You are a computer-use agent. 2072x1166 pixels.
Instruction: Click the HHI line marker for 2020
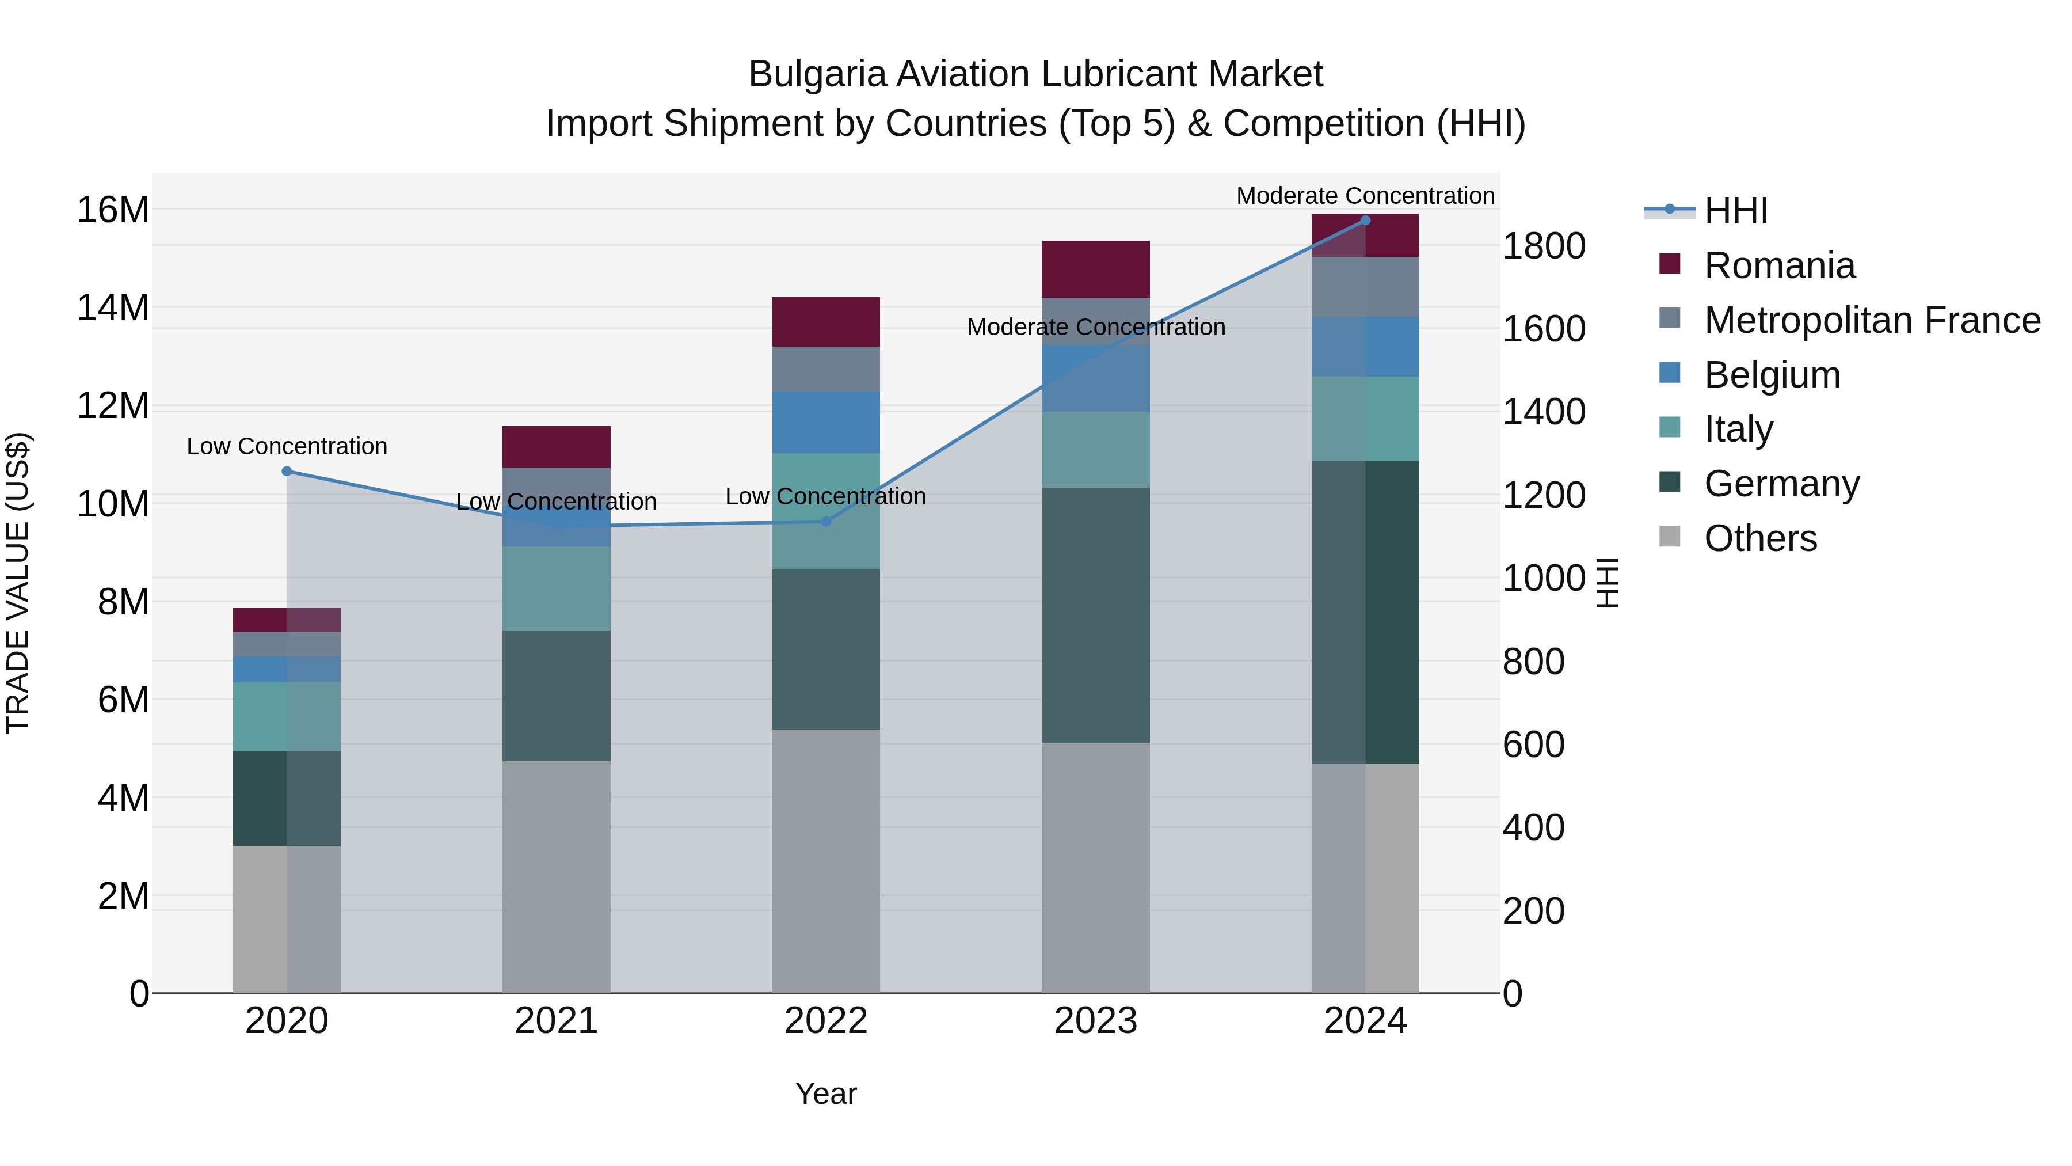tap(287, 472)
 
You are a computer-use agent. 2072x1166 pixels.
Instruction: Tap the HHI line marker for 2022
tap(825, 522)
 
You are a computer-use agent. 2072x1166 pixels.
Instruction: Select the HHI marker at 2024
tap(1365, 221)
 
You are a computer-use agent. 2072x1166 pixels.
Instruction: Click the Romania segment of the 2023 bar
tap(1095, 269)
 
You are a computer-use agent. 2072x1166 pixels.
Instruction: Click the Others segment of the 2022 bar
tap(825, 861)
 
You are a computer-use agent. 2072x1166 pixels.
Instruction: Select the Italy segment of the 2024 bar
tap(1365, 419)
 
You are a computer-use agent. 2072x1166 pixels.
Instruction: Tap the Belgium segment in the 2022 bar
tap(825, 423)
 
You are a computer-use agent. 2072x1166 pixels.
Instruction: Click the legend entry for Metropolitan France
tap(1872, 320)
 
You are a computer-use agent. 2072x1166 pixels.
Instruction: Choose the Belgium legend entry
tap(1772, 375)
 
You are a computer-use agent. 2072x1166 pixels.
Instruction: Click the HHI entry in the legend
tap(1736, 211)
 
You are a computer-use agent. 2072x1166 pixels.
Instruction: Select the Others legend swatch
tap(1670, 537)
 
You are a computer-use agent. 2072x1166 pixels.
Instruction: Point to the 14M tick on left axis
tap(113, 307)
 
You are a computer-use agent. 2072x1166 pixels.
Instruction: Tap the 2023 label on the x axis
tap(1095, 1021)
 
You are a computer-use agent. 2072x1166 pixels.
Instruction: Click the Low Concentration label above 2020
tap(287, 447)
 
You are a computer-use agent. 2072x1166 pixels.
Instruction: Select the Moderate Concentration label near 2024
tap(1365, 196)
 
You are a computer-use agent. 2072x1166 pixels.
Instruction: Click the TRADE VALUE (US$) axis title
tap(18, 583)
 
